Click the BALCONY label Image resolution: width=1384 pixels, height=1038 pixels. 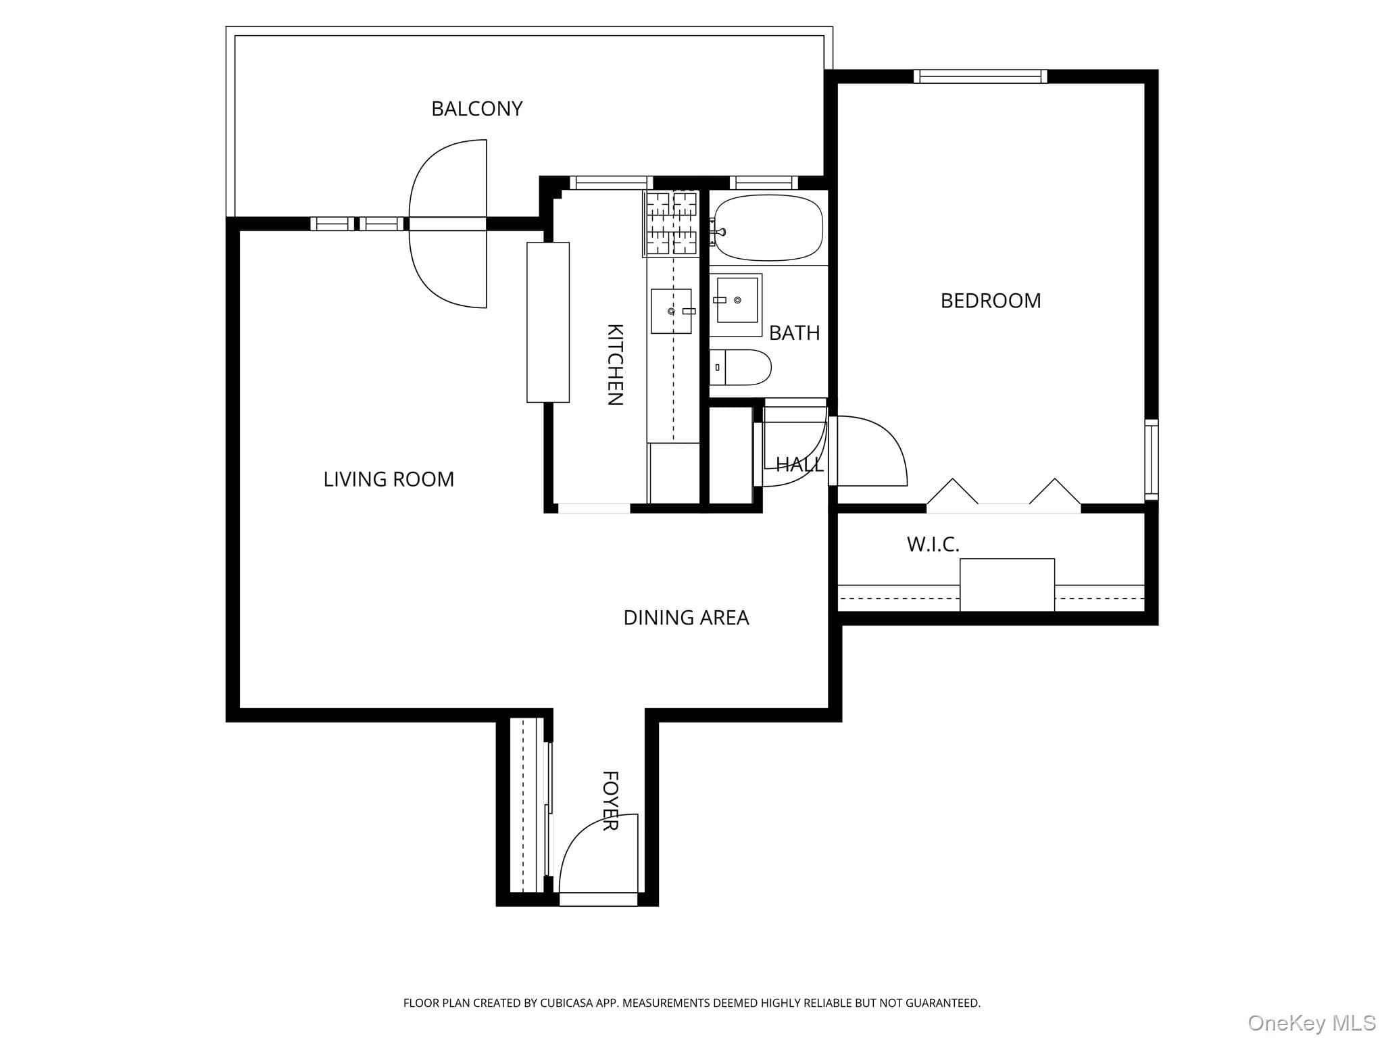click(477, 109)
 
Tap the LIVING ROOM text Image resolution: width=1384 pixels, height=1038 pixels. click(389, 479)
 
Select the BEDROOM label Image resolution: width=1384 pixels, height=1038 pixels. click(991, 301)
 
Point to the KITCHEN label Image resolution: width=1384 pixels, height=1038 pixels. click(615, 364)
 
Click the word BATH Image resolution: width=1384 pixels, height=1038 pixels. click(795, 332)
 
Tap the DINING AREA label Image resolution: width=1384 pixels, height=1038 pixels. click(686, 618)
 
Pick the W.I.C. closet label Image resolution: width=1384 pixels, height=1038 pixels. click(933, 545)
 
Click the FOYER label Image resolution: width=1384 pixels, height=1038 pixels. click(610, 801)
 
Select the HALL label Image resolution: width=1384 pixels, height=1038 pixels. click(799, 465)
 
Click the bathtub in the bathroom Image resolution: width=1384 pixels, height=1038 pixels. click(769, 228)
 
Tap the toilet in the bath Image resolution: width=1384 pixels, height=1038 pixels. click(740, 368)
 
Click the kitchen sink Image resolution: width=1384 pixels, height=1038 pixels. click(672, 312)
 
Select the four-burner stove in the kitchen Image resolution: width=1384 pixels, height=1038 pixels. click(670, 223)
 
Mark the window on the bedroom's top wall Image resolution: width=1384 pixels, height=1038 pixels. click(980, 76)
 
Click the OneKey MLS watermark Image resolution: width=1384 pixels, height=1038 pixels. click(1312, 1022)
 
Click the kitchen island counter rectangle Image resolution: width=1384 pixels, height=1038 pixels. click(548, 322)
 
